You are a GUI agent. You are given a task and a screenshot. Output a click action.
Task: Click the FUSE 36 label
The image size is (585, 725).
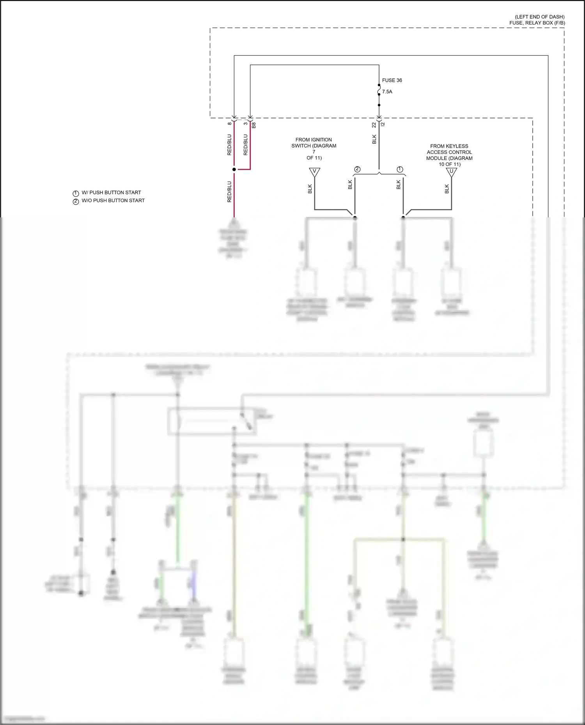point(392,80)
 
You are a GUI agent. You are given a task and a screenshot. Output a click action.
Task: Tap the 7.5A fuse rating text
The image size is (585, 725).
point(387,92)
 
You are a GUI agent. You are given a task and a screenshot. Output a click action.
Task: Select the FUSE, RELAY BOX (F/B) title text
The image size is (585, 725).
point(537,23)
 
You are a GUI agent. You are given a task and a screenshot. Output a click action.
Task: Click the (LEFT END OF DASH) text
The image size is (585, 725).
point(539,17)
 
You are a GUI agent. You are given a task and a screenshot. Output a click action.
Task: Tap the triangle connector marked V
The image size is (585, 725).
point(314,172)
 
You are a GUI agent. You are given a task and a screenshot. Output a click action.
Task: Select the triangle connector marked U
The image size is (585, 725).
point(451,172)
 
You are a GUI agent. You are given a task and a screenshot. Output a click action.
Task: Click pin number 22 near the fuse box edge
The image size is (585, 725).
point(374,125)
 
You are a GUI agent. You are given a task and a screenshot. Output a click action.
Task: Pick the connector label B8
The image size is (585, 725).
point(254,125)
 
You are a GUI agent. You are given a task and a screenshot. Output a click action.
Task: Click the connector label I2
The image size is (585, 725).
point(383,124)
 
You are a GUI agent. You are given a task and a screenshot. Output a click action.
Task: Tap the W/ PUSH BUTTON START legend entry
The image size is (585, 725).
point(111,192)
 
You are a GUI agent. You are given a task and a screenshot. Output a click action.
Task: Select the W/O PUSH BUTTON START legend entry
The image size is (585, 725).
point(113,201)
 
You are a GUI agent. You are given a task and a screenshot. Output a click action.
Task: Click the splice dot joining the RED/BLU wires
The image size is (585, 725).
point(234,169)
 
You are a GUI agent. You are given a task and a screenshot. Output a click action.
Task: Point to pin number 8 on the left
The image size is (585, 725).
point(229,123)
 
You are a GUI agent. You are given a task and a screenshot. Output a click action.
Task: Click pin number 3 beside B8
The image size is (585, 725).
point(245,123)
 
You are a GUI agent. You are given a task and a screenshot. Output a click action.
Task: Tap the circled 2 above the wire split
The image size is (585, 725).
point(357,169)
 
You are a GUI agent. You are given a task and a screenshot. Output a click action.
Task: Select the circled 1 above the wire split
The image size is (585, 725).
point(400,169)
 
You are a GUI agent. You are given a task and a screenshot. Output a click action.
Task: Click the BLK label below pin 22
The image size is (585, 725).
point(374,139)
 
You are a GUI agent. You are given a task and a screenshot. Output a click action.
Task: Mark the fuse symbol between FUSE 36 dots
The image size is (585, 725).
point(379,91)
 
